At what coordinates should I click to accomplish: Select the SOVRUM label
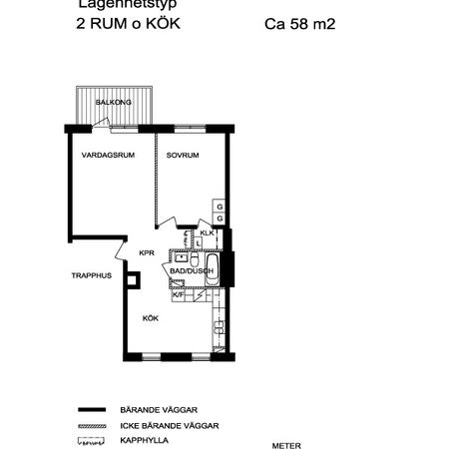coord(183,156)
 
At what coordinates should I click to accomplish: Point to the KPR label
coord(146,252)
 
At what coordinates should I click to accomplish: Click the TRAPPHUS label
coord(90,274)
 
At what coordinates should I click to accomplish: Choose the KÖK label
coord(150,318)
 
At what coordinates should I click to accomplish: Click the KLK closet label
coord(207,234)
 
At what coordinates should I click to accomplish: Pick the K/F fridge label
coord(179,294)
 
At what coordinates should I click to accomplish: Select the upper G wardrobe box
coord(219,206)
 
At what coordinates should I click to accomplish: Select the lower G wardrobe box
coord(219,219)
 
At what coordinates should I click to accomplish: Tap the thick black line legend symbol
coord(92,409)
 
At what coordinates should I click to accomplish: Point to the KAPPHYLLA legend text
coord(145,439)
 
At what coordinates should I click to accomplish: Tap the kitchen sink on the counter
coord(218,326)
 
